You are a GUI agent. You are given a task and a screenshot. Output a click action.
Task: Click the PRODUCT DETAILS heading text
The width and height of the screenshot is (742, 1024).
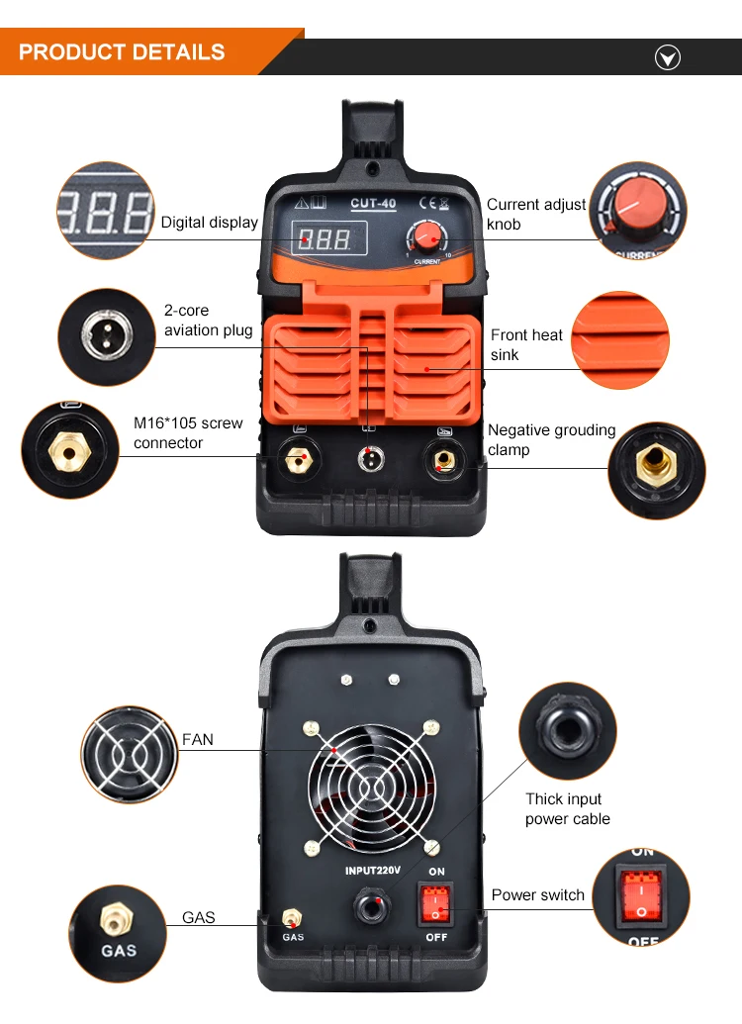[x=122, y=52]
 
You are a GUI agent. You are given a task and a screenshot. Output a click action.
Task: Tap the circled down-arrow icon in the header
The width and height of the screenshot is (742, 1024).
[x=668, y=58]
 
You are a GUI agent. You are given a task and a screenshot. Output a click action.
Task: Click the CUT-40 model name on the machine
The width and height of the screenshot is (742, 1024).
[x=374, y=203]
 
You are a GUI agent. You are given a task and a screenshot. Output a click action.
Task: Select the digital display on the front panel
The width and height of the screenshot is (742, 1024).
[x=329, y=238]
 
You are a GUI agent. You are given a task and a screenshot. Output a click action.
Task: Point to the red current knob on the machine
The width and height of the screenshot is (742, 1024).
[x=427, y=235]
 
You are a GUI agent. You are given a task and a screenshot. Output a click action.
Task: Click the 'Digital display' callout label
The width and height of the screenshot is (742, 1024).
[x=209, y=223]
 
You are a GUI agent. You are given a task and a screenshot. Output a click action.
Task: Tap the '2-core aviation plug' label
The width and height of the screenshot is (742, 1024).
[x=209, y=320]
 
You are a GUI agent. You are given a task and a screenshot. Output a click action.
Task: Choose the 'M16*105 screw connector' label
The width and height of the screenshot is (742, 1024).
[x=188, y=433]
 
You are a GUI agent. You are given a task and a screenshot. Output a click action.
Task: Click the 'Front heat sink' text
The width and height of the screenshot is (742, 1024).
[x=526, y=345]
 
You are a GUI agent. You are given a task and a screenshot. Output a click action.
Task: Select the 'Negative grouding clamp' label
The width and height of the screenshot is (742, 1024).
[x=551, y=439]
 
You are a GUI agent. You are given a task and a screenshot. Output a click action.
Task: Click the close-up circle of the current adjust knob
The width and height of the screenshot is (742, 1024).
[x=638, y=211]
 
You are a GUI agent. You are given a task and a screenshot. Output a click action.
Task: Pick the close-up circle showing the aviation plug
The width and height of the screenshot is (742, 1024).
[x=107, y=337]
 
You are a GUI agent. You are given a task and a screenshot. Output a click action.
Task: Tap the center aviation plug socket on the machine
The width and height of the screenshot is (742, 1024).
[x=370, y=458]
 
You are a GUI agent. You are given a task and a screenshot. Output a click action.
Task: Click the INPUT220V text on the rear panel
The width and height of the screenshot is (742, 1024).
[x=372, y=871]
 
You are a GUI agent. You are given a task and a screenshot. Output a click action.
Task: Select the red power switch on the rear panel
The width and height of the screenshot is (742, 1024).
[x=435, y=904]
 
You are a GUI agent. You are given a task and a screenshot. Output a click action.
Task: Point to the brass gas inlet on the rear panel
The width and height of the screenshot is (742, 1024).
[x=291, y=918]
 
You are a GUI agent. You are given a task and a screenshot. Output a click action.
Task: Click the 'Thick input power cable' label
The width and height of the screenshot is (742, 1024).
[x=568, y=809]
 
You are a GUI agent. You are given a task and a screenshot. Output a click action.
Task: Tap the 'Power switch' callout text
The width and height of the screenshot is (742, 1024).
[x=537, y=895]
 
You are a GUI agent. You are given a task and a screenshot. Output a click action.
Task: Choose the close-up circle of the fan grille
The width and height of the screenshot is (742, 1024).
[x=130, y=754]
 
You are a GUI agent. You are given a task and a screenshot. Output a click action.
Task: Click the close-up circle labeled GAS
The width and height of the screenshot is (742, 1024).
[x=118, y=934]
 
